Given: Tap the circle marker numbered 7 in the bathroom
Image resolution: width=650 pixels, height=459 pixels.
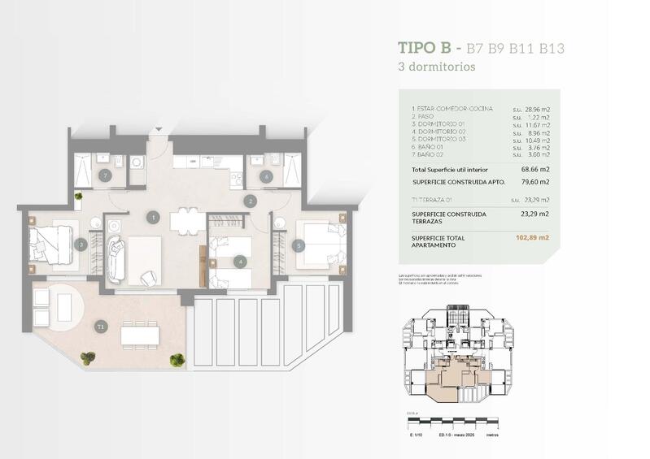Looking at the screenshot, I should tap(104, 175).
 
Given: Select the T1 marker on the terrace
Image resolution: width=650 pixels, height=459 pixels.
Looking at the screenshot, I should tap(100, 326).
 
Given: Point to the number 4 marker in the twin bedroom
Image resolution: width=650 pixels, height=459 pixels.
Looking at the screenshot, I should tap(239, 262).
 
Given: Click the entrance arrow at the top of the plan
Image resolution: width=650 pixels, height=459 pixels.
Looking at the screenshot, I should tap(159, 129).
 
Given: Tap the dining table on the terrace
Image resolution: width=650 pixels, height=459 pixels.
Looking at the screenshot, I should tap(139, 333).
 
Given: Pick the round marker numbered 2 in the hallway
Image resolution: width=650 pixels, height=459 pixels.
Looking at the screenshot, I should tap(251, 200).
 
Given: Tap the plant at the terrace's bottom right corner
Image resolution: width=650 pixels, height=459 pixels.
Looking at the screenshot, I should tap(177, 358).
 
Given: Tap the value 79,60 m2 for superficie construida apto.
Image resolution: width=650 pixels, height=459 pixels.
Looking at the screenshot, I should tap(534, 182).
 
